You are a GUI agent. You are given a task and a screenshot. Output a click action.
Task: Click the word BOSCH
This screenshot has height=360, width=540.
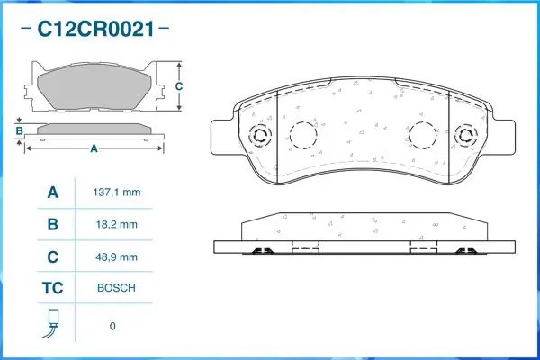[116, 288]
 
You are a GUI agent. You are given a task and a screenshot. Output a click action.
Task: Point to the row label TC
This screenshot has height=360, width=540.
[52, 288]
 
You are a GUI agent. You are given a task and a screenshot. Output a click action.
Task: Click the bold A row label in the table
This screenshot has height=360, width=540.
[52, 193]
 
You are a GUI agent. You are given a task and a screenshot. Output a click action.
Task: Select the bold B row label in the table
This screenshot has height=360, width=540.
[52, 224]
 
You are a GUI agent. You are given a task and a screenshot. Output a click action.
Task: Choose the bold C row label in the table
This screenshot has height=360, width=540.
[52, 256]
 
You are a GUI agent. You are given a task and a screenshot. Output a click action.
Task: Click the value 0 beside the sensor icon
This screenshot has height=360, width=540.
[112, 326]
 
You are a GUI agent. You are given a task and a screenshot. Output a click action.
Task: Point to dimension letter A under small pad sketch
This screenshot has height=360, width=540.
[94, 148]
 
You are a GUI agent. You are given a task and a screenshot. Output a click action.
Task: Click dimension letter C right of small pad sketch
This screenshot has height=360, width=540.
[178, 85]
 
